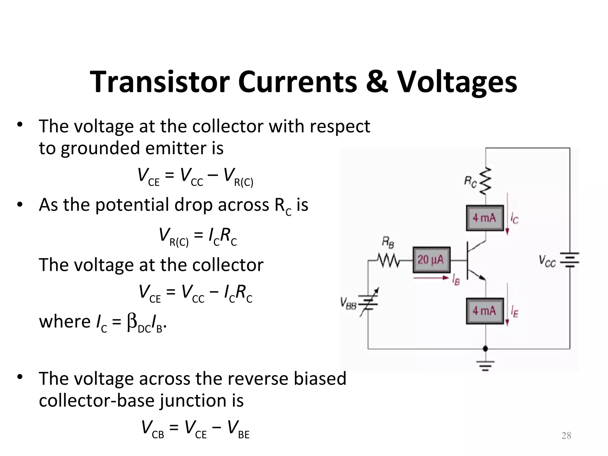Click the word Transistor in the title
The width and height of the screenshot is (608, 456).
[160, 82]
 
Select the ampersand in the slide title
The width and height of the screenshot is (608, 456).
[377, 82]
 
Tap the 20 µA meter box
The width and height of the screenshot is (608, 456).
[431, 260]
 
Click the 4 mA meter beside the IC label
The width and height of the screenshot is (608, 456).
[485, 218]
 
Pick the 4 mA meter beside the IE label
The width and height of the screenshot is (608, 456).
[485, 311]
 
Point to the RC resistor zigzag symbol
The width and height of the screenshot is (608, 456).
[486, 181]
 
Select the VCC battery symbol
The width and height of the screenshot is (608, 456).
[569, 260]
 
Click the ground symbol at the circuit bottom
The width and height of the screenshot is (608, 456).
[485, 366]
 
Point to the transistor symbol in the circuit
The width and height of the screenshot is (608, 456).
[475, 261]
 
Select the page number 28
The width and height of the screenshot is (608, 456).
[566, 436]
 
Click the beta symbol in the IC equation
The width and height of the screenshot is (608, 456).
[132, 322]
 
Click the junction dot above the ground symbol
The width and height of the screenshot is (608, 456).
[485, 348]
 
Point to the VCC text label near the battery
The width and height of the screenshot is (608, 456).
[547, 261]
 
